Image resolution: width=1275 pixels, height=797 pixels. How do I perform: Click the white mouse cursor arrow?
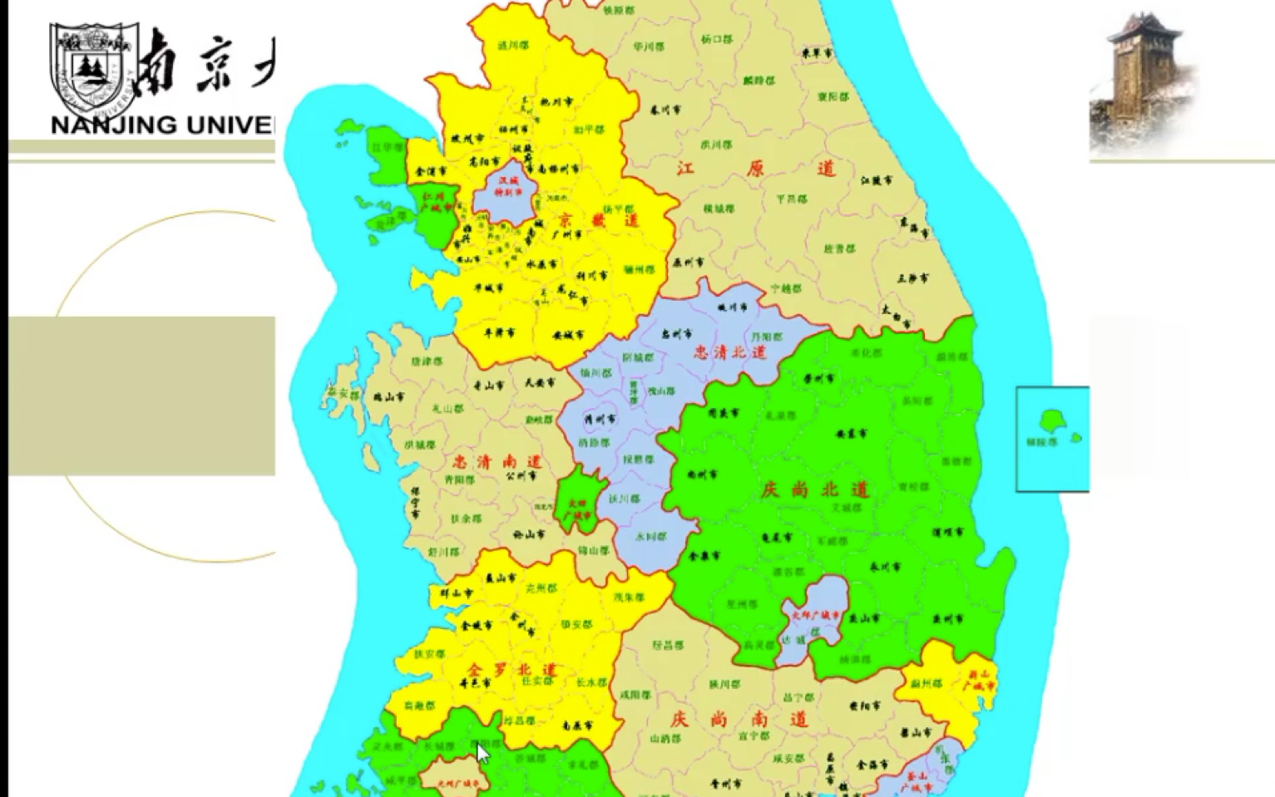pyautogui.click(x=483, y=753)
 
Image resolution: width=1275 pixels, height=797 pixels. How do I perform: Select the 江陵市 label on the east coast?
pyautogui.click(x=877, y=180)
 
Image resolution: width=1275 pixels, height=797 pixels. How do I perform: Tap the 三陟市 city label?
pyautogui.click(x=912, y=278)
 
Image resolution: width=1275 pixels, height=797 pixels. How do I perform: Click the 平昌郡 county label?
pyautogui.click(x=791, y=199)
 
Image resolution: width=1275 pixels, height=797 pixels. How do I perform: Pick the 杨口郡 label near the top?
pyautogui.click(x=716, y=39)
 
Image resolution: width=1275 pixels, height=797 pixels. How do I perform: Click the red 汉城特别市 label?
pyautogui.click(x=507, y=185)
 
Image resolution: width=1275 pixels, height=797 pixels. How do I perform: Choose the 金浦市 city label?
pyautogui.click(x=431, y=171)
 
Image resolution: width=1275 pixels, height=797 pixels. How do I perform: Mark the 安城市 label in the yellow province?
pyautogui.click(x=568, y=336)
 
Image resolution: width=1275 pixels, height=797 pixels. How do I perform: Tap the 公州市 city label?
pyautogui.click(x=521, y=476)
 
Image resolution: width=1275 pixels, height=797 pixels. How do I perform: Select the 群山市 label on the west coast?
pyautogui.click(x=456, y=593)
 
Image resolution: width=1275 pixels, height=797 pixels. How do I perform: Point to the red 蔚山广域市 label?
pyautogui.click(x=978, y=680)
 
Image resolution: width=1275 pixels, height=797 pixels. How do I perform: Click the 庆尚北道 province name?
pyautogui.click(x=815, y=490)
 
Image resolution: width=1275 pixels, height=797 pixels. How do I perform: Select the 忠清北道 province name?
pyautogui.click(x=729, y=352)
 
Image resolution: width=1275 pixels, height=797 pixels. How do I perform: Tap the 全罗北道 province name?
pyautogui.click(x=511, y=669)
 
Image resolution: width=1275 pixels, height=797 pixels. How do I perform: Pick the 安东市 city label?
pyautogui.click(x=851, y=434)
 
